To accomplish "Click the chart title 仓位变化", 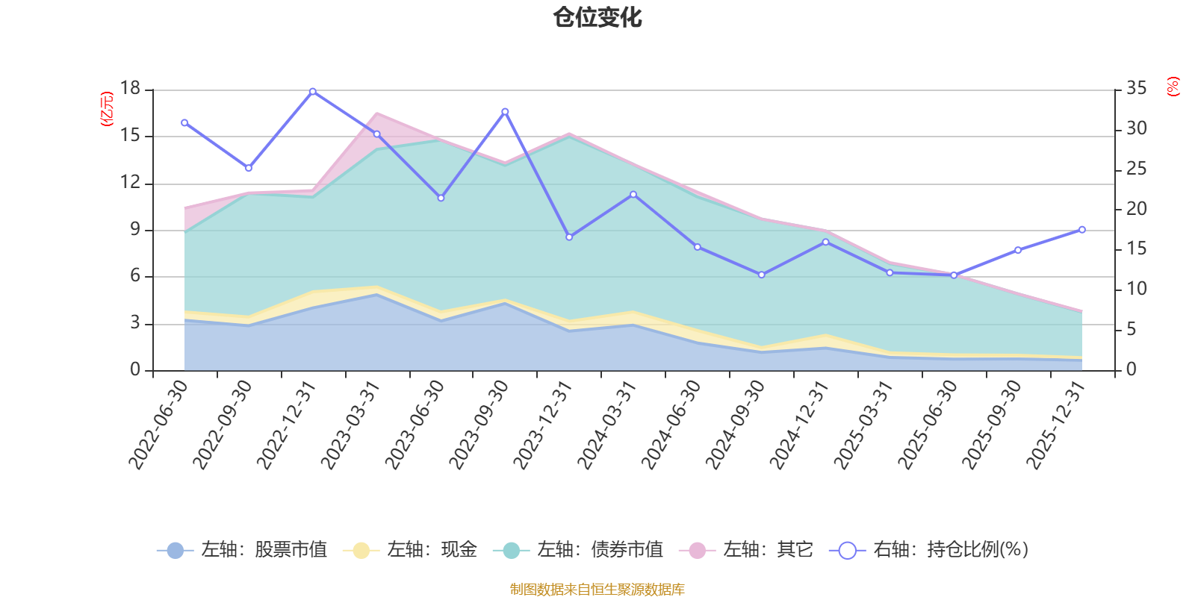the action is click(597, 18).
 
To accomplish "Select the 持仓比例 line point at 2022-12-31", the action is click(313, 92).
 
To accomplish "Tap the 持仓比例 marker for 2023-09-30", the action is click(505, 112).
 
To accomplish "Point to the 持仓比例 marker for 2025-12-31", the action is click(1082, 230).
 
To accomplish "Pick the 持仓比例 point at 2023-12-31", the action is click(569, 237).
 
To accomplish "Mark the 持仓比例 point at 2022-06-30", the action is click(184, 122).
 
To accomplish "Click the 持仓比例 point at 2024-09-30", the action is click(762, 275).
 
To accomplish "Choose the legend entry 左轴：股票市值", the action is click(242, 549).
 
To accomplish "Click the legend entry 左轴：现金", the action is click(410, 549).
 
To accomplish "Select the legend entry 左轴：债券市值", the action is click(578, 549).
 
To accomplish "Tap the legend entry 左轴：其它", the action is click(746, 549).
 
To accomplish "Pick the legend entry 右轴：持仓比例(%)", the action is click(929, 549).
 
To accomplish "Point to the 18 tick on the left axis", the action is click(130, 88).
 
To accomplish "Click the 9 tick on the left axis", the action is click(135, 229).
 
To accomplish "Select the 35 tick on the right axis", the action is click(1136, 88).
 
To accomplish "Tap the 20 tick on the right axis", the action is click(1136, 208).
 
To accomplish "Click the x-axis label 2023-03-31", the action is click(350, 425).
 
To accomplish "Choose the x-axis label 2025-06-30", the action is click(928, 425).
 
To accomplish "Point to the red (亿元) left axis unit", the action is click(107, 109).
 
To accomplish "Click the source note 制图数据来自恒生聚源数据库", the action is click(597, 589).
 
